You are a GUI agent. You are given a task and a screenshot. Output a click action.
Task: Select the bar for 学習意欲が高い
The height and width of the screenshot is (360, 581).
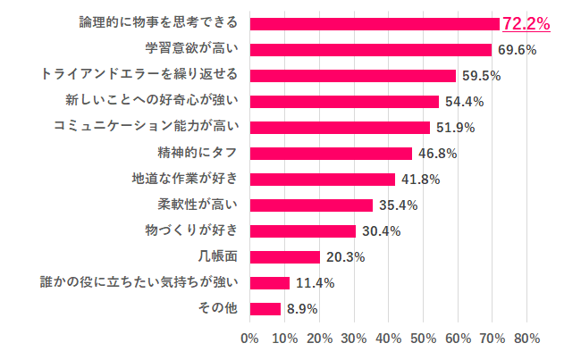coord(371,50)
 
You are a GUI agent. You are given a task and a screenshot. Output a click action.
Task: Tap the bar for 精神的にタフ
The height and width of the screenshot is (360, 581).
coord(331,154)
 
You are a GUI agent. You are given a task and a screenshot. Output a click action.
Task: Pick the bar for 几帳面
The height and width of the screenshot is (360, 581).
coord(285,257)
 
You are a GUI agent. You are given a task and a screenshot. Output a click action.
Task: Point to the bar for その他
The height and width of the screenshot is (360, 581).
coord(265,309)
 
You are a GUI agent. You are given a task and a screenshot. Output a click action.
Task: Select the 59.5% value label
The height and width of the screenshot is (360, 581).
coord(481,76)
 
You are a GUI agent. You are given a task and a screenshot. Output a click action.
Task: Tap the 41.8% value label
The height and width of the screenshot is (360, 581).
coord(420,180)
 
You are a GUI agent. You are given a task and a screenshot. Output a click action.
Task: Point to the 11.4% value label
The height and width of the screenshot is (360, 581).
coord(315,283)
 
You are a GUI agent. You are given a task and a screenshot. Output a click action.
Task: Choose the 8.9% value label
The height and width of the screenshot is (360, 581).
coord(301,309)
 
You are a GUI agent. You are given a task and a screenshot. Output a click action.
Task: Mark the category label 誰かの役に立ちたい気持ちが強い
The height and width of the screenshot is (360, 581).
coord(140,283)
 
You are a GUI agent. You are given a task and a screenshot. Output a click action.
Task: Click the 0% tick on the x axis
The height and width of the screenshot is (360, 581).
coord(250,339)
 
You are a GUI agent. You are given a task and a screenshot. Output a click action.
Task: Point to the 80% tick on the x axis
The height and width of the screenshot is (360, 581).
coord(526,339)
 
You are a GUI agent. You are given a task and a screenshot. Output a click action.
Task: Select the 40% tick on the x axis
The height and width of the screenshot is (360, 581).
coord(389,339)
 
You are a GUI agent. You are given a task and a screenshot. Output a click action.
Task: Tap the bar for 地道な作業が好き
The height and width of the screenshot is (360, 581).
coord(323,180)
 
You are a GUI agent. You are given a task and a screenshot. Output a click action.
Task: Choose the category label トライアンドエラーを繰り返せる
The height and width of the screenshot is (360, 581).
coord(140,76)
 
